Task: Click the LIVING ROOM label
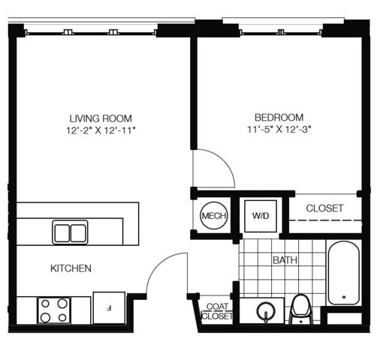pyautogui.click(x=101, y=118)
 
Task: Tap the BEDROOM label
pyautogui.click(x=279, y=117)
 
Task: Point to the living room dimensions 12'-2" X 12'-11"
pyautogui.click(x=101, y=130)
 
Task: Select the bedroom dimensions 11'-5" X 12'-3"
pyautogui.click(x=279, y=129)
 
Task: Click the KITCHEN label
pyautogui.click(x=71, y=268)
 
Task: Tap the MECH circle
pyautogui.click(x=214, y=215)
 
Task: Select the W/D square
pyautogui.click(x=261, y=216)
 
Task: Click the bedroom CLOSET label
pyautogui.click(x=324, y=208)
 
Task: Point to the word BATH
pyautogui.click(x=285, y=260)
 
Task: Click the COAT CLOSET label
pyautogui.click(x=217, y=311)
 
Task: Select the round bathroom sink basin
pyautogui.click(x=266, y=311)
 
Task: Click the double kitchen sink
pyautogui.click(x=70, y=232)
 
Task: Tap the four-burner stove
pyautogui.click(x=54, y=310)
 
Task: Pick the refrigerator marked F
pyautogui.click(x=109, y=307)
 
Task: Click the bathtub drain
pyautogui.click(x=344, y=297)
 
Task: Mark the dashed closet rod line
pyautogui.click(x=325, y=220)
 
